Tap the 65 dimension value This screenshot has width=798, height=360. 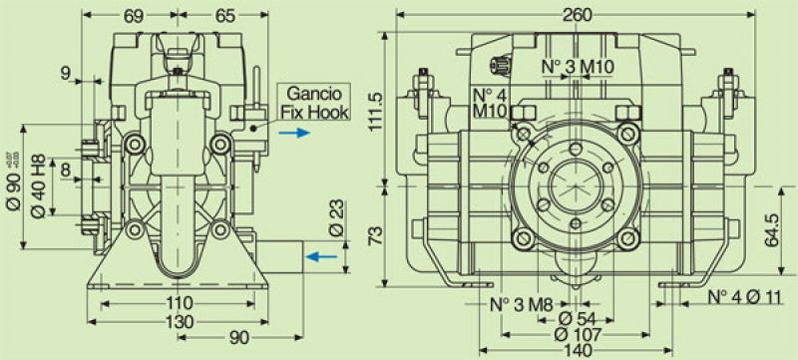pos(224,15)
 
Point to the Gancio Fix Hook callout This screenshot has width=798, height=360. pos(314,103)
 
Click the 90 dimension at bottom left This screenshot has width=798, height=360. pos(238,339)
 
